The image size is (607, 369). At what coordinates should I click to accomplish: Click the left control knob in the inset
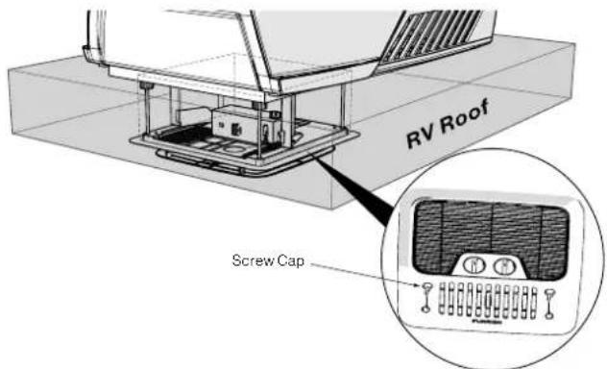[473, 265]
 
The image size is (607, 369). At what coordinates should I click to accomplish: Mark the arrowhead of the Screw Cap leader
[419, 284]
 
